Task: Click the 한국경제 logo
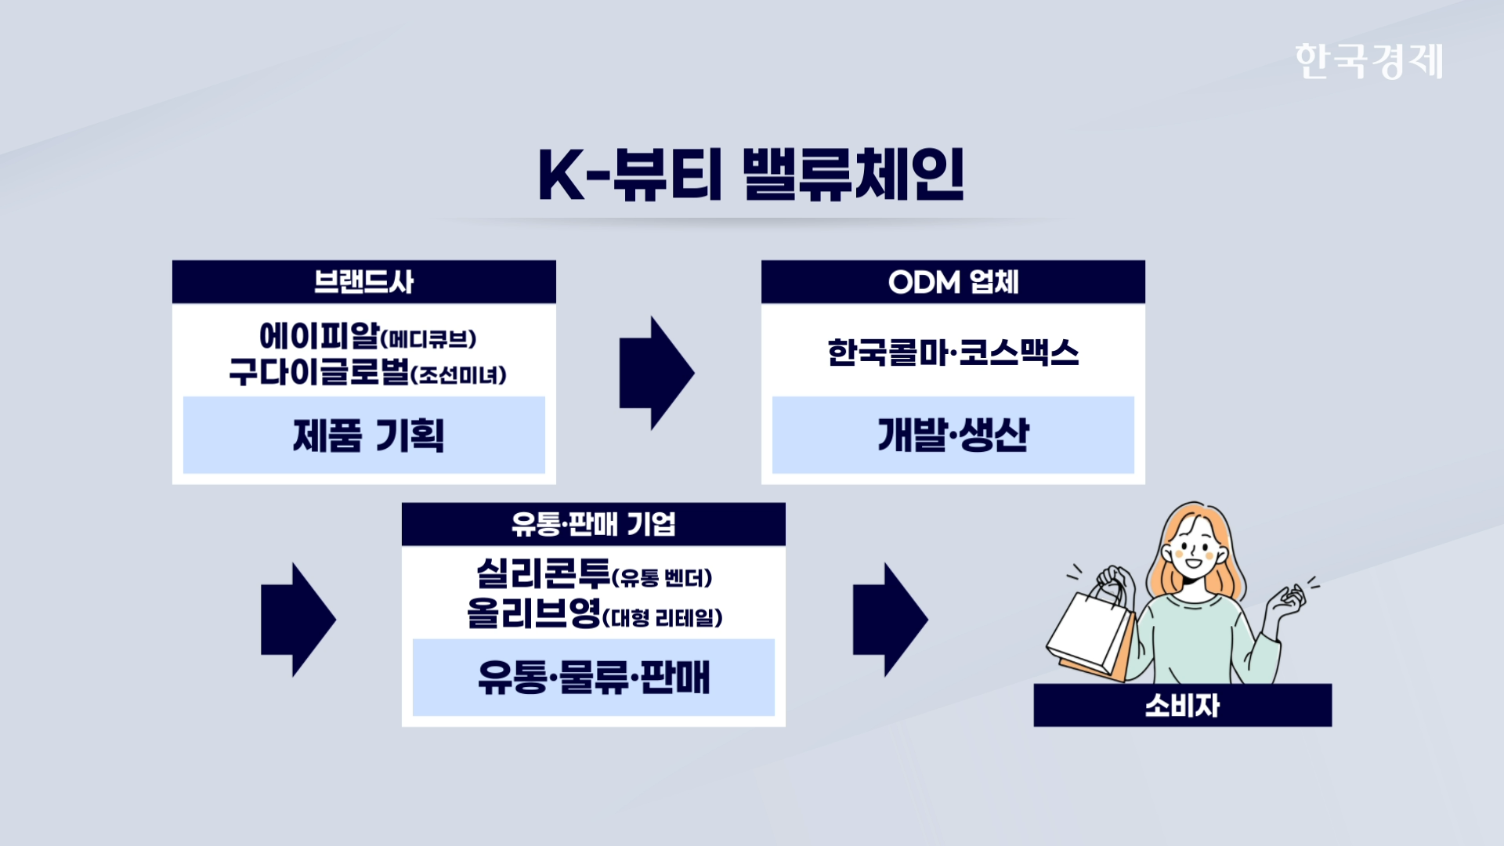(1368, 61)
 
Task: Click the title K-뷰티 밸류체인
(751, 174)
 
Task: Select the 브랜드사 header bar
(364, 282)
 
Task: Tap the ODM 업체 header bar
(953, 282)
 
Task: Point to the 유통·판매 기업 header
(594, 524)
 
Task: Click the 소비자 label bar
(1183, 705)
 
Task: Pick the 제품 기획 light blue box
(364, 435)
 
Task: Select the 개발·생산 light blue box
(953, 435)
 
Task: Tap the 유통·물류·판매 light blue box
(594, 678)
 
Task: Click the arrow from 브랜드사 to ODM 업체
(656, 373)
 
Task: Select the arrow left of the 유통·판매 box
(298, 620)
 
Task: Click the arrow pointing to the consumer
(890, 620)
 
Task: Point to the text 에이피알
(320, 336)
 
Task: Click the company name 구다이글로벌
(320, 371)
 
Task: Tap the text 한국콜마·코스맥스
(953, 352)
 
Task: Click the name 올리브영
(534, 613)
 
